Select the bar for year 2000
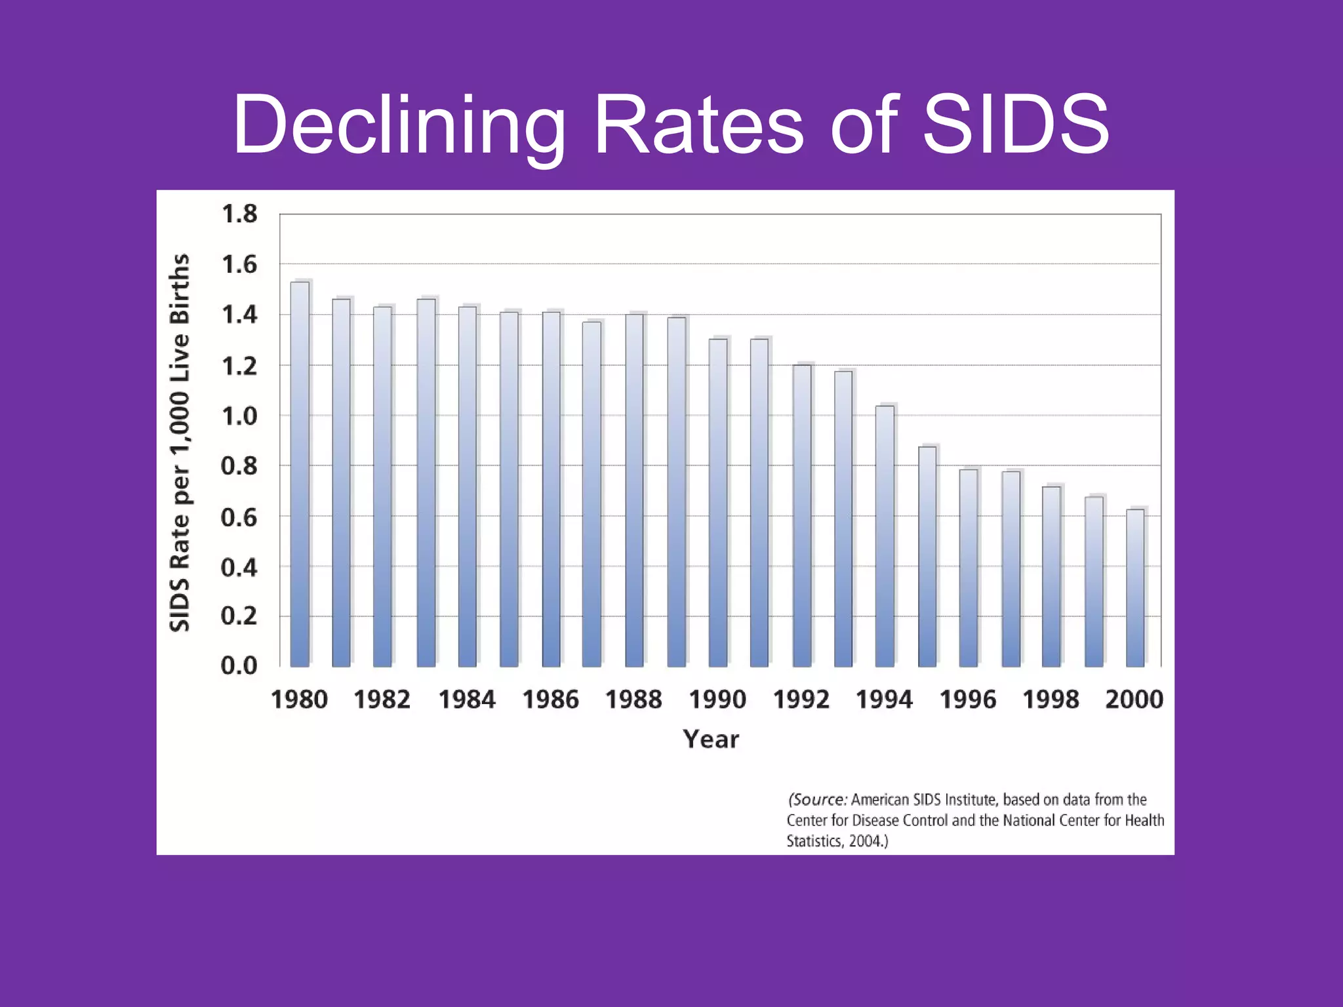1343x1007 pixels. [1135, 588]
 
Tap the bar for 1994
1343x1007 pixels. [885, 536]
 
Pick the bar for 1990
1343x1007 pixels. [718, 503]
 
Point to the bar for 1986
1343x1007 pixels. [551, 489]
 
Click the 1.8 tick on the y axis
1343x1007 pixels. [239, 214]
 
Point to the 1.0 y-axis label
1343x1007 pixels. [239, 416]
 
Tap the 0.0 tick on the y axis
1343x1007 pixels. [239, 666]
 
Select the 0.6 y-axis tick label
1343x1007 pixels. [239, 517]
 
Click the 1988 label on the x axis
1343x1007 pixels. [633, 700]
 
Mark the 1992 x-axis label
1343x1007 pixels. [801, 700]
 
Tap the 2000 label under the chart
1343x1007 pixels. [1134, 700]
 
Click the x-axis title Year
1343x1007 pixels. [711, 740]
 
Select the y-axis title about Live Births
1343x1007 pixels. [180, 443]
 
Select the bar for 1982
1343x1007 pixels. [382, 486]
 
